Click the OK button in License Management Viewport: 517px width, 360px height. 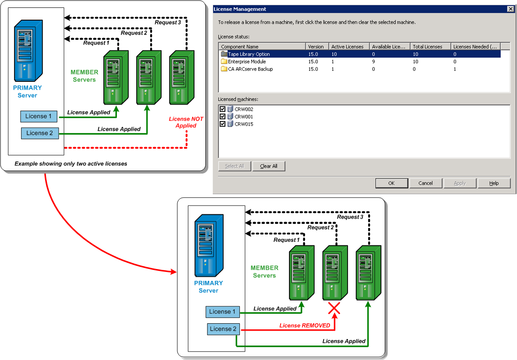point(391,183)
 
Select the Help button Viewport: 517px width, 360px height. point(494,183)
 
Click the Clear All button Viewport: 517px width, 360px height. point(269,166)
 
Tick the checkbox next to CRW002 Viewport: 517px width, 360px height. point(222,109)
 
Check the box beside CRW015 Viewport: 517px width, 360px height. point(222,124)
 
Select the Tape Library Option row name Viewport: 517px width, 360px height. point(249,54)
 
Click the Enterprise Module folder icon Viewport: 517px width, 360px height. point(224,62)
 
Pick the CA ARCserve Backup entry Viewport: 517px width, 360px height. point(250,69)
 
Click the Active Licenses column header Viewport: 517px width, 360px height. point(347,47)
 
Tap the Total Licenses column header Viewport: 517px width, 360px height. point(427,47)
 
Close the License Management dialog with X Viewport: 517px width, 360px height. point(510,9)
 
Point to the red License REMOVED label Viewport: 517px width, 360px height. point(305,325)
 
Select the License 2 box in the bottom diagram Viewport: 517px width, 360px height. point(223,329)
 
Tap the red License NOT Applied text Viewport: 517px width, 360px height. point(186,122)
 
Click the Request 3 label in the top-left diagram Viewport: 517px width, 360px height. point(168,23)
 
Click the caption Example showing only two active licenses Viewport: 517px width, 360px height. point(71,164)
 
